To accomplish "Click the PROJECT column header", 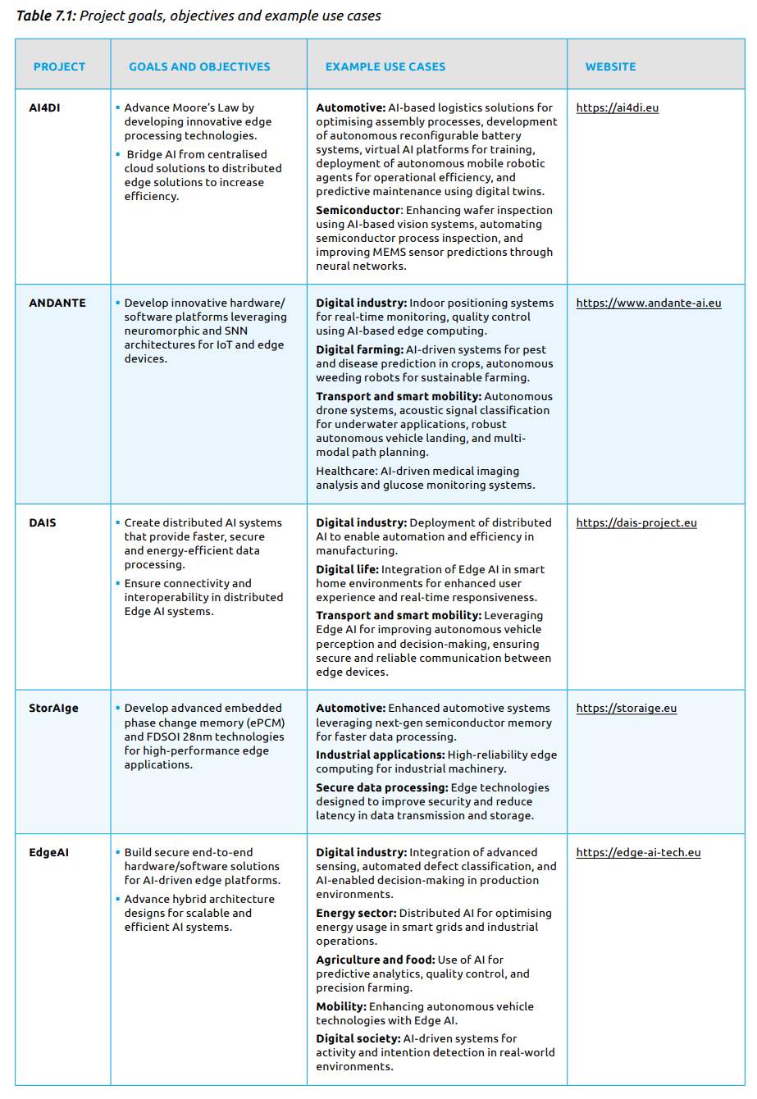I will pyautogui.click(x=59, y=66).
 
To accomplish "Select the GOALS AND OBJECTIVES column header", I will pyautogui.click(x=199, y=66).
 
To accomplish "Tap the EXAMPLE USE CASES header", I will pyautogui.click(x=385, y=66).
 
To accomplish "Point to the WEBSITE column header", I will pyautogui.click(x=610, y=66).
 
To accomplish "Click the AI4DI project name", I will pyautogui.click(x=44, y=107).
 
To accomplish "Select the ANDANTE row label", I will pyautogui.click(x=57, y=303).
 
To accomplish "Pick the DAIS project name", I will pyautogui.click(x=43, y=522).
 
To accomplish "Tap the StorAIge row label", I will pyautogui.click(x=53, y=708).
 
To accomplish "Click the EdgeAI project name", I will pyautogui.click(x=48, y=852).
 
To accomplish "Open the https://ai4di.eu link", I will pyautogui.click(x=617, y=107).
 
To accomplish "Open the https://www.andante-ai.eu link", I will pyautogui.click(x=649, y=303).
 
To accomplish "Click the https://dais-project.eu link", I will pyautogui.click(x=636, y=522).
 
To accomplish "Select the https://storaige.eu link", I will pyautogui.click(x=627, y=708).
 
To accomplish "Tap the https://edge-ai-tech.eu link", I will pyautogui.click(x=638, y=852).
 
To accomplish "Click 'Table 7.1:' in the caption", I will pyautogui.click(x=46, y=16).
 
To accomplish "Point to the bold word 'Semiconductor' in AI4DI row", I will pyautogui.click(x=358, y=210).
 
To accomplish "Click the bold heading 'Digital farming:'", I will pyautogui.click(x=359, y=349).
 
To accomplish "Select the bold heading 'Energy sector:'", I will pyautogui.click(x=356, y=913).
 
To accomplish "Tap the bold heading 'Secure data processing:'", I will pyautogui.click(x=382, y=787).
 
